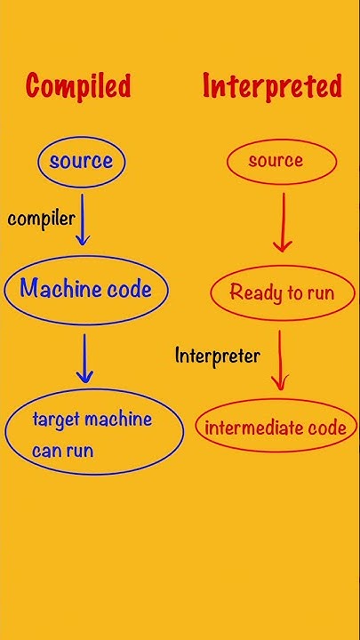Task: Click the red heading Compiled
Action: pos(78,86)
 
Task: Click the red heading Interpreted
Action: pos(272,86)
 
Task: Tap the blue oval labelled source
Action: pos(81,161)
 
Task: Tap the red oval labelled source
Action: pos(276,161)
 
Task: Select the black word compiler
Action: pos(41,219)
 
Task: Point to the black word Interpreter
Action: pos(218,356)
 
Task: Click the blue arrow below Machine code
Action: pos(85,358)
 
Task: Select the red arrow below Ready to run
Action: pos(279,359)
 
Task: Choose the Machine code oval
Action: pos(85,289)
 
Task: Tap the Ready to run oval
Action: pos(282,292)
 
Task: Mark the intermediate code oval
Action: pos(276,428)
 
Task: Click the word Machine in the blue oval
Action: pos(60,289)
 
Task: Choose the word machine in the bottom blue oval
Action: pos(118,420)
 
